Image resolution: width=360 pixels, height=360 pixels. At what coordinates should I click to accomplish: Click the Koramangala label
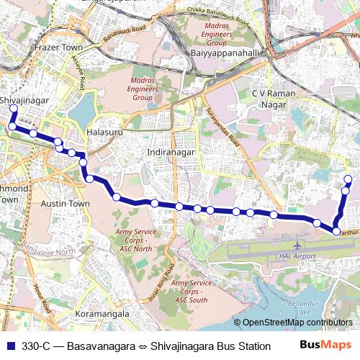coord(102,314)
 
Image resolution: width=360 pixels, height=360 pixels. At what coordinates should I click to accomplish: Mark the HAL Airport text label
coord(297,256)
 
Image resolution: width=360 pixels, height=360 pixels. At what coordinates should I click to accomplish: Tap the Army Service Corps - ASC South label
coord(190,292)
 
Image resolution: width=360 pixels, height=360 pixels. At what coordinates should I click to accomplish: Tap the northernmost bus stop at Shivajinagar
coord(13,109)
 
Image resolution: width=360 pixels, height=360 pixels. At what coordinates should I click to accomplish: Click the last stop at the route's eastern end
coord(348,179)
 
